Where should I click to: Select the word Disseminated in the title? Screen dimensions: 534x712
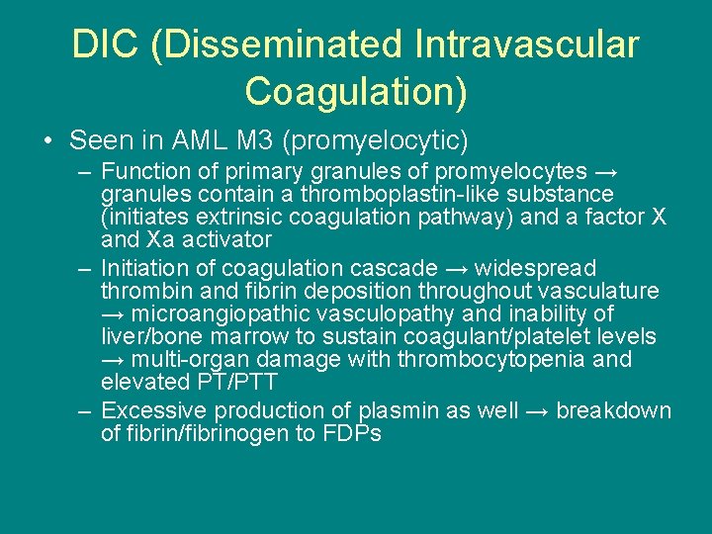click(278, 45)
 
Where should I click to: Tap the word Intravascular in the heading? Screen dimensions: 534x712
click(527, 45)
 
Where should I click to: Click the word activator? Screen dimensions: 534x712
click(222, 239)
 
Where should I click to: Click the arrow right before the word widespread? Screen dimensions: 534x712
click(457, 268)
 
